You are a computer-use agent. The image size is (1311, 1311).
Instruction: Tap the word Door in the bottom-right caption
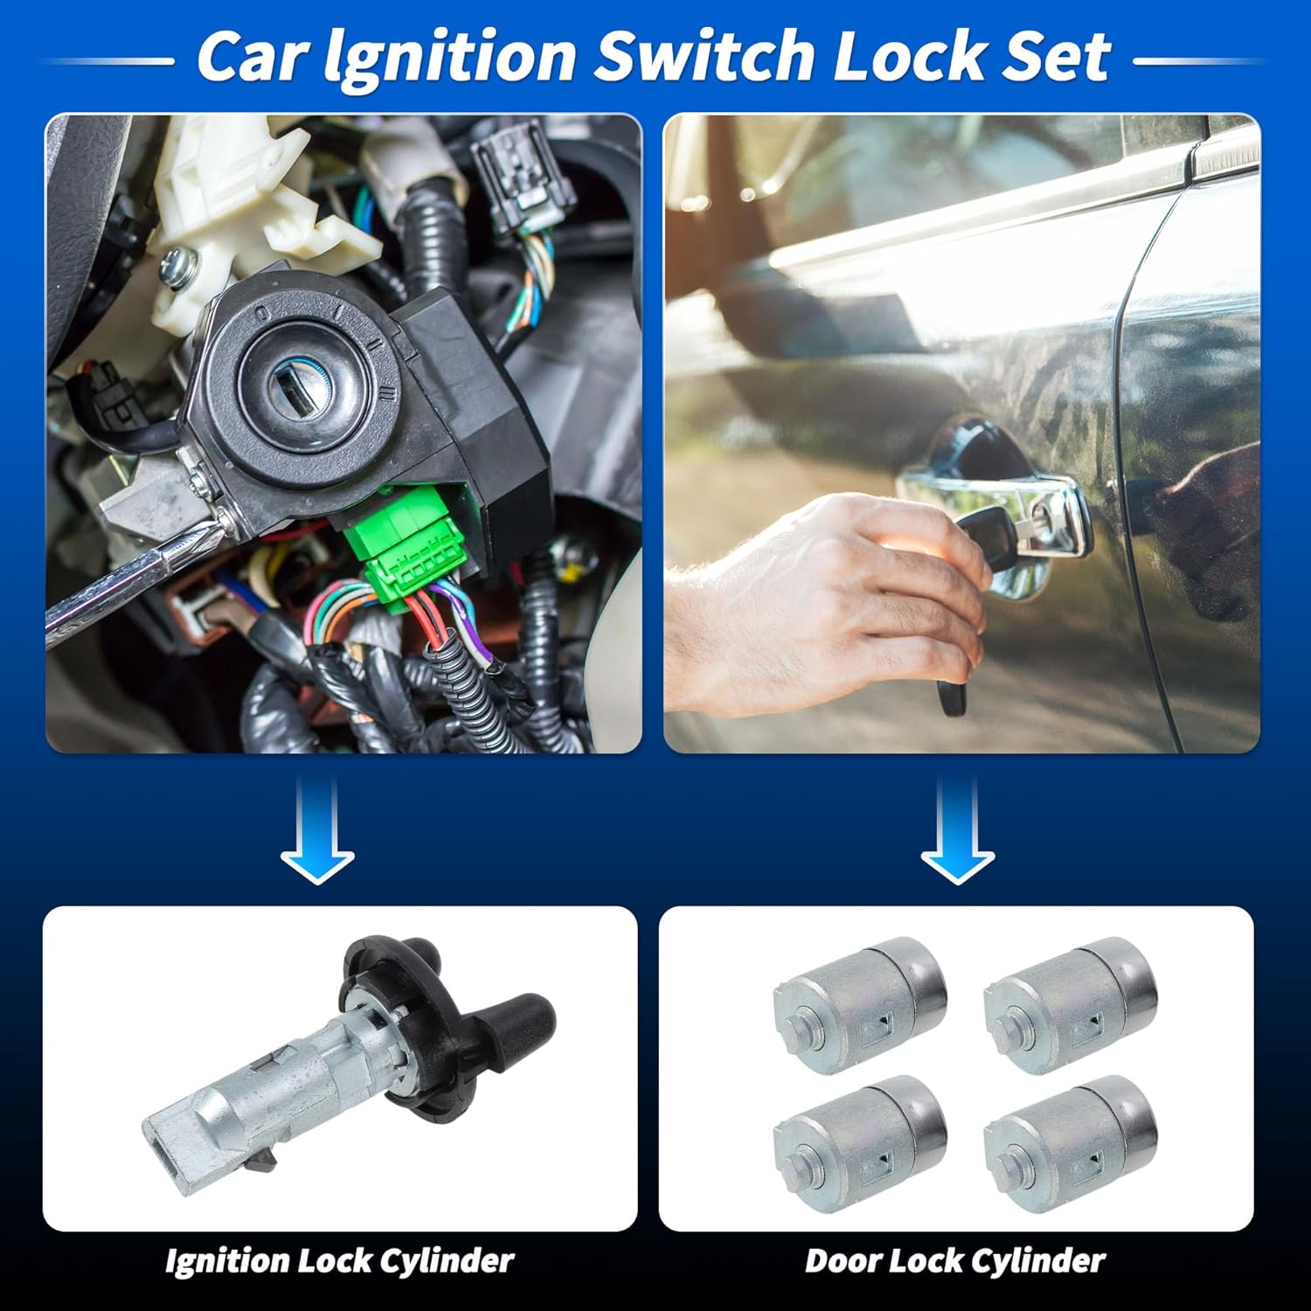pyautogui.click(x=842, y=1260)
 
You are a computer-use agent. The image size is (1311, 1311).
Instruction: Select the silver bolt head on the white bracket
pyautogui.click(x=177, y=262)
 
